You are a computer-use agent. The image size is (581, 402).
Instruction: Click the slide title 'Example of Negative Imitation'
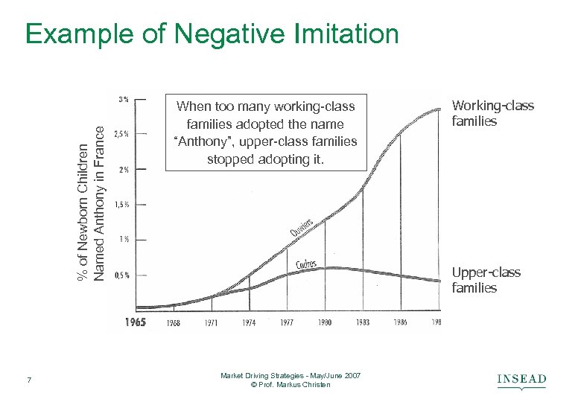[x=212, y=33]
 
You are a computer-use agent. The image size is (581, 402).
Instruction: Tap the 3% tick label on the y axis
[x=123, y=98]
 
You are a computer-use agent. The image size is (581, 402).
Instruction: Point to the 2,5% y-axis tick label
[x=121, y=134]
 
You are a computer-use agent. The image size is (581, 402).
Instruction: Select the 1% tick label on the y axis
[x=123, y=239]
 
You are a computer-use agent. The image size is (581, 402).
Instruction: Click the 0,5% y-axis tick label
[x=121, y=275]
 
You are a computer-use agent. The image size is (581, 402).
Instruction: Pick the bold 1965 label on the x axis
[x=135, y=322]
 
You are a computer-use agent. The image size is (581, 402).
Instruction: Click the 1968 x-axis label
[x=173, y=323]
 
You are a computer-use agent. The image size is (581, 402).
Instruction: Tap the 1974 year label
[x=249, y=323]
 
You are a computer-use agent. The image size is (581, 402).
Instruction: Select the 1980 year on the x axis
[x=325, y=323]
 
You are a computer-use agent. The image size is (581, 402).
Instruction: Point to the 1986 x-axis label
[x=400, y=323]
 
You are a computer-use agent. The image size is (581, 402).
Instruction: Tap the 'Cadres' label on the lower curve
[x=306, y=264]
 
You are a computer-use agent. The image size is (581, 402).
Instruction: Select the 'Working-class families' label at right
[x=493, y=113]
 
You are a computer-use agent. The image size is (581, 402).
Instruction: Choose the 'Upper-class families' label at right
[x=486, y=281]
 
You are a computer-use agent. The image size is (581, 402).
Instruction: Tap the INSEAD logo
[x=521, y=381]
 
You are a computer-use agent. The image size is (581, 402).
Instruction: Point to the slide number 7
[x=28, y=381]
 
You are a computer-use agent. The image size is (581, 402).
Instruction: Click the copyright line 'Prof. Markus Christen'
[x=290, y=384]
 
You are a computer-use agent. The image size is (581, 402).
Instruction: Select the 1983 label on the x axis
[x=363, y=323]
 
